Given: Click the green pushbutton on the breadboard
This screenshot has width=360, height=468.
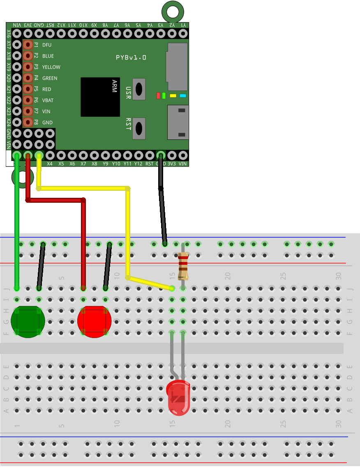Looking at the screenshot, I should point(28,321).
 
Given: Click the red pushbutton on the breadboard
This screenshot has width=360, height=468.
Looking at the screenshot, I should point(95,321).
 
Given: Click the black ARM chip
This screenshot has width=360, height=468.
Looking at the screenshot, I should point(100,97).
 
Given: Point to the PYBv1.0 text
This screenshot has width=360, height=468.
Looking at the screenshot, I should point(131,58).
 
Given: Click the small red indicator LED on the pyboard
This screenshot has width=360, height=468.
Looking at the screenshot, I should point(158,96).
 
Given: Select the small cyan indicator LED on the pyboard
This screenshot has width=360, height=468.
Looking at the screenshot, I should point(183,96).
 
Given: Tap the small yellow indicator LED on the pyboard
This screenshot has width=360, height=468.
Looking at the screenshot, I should point(173,96).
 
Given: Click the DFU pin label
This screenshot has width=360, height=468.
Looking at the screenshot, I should point(47,45).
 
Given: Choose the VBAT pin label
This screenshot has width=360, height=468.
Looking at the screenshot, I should point(48,100).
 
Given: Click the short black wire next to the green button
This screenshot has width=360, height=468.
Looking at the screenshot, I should point(41,266).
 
